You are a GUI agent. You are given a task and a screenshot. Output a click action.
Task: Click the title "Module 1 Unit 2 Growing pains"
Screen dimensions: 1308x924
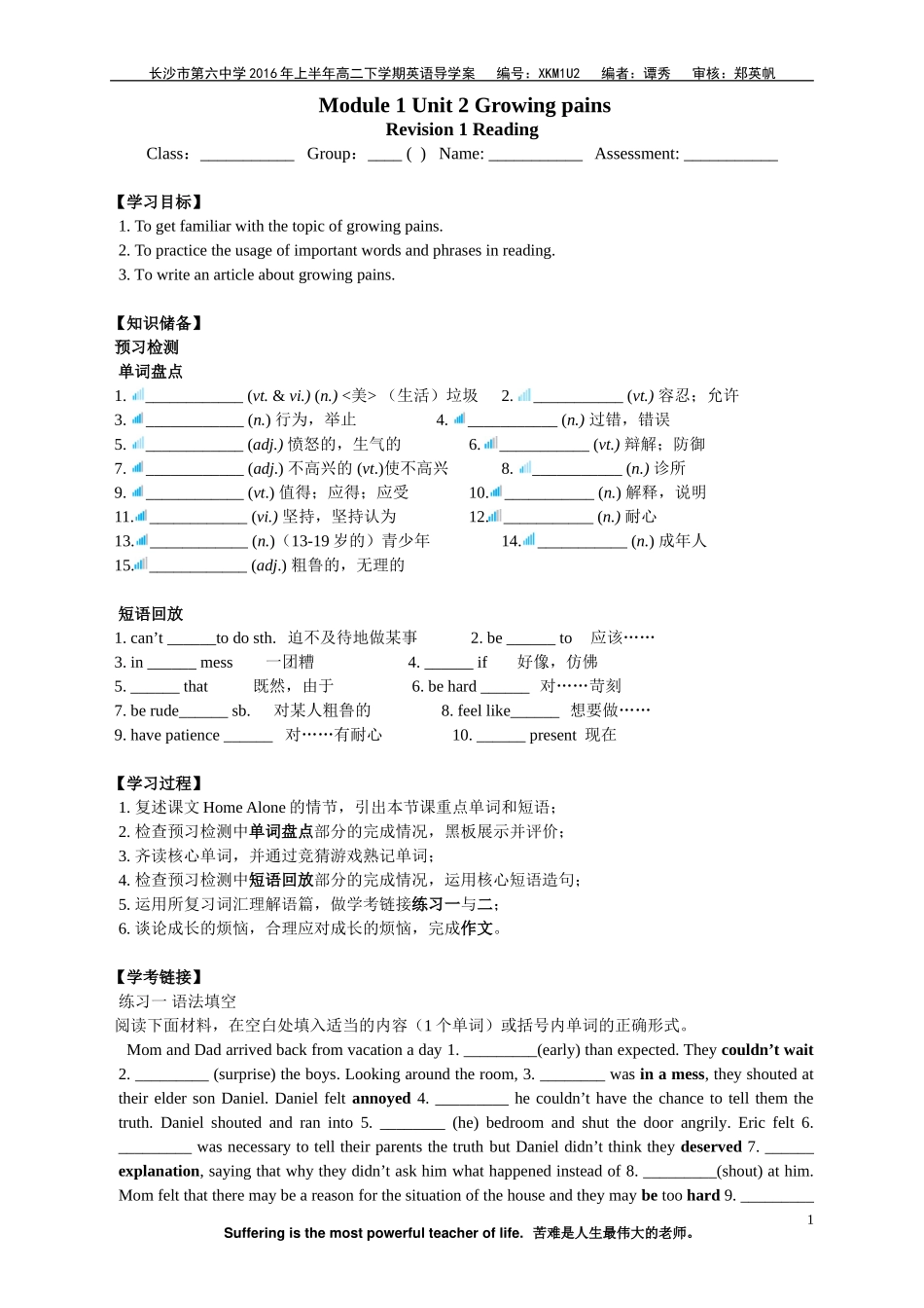464,105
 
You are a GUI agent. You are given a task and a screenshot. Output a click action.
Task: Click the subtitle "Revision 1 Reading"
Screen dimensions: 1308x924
462,129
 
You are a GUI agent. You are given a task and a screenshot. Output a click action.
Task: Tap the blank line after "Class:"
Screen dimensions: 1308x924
247,155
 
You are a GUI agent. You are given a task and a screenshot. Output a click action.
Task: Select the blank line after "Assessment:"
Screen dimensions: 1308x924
730,155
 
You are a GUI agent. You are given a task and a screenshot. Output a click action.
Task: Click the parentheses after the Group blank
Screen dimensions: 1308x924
415,154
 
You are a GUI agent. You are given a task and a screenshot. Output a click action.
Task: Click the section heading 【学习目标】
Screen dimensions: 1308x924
160,201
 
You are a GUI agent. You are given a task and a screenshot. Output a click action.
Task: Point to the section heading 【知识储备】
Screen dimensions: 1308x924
160,323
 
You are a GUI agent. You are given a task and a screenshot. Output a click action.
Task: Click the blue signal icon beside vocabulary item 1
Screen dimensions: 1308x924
138,395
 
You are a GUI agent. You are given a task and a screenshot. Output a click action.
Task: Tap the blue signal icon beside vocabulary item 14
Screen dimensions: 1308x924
528,540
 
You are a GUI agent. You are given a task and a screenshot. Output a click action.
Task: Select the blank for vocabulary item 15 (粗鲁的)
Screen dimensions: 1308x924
198,566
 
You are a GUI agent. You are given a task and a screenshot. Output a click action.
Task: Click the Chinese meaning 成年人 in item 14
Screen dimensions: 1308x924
683,541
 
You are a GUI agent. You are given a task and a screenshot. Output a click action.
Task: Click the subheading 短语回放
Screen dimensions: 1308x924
151,613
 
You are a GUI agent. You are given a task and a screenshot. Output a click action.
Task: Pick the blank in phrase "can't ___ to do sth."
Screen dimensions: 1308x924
192,639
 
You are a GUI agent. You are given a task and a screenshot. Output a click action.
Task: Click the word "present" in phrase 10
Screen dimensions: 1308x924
552,735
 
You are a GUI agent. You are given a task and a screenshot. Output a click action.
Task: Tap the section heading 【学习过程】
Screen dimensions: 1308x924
160,782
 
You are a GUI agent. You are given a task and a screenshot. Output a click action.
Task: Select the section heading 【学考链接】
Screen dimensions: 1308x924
160,976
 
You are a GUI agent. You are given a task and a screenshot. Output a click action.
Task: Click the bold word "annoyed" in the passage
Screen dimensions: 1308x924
381,1098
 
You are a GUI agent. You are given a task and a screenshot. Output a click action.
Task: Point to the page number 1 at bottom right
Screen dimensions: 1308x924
810,1219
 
